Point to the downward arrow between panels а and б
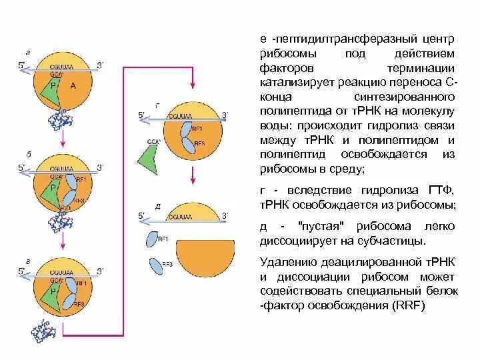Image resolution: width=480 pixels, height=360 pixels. coord(61,139)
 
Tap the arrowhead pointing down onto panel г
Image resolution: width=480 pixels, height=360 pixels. coord(193,88)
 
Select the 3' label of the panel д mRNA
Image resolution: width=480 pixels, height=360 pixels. coord(225,215)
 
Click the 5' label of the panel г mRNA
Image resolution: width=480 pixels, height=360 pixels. coord(142,115)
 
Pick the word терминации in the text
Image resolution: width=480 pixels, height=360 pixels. coord(420,69)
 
